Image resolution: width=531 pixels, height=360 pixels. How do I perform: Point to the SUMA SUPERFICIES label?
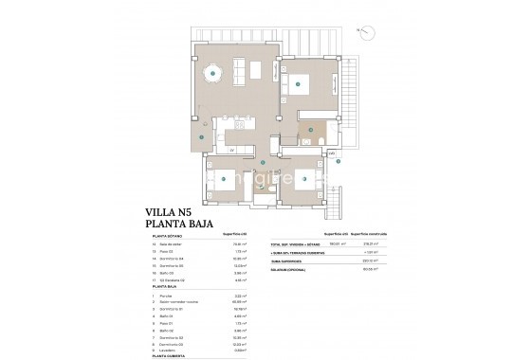click(289, 261)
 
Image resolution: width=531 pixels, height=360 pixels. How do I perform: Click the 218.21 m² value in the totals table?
click(357, 244)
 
